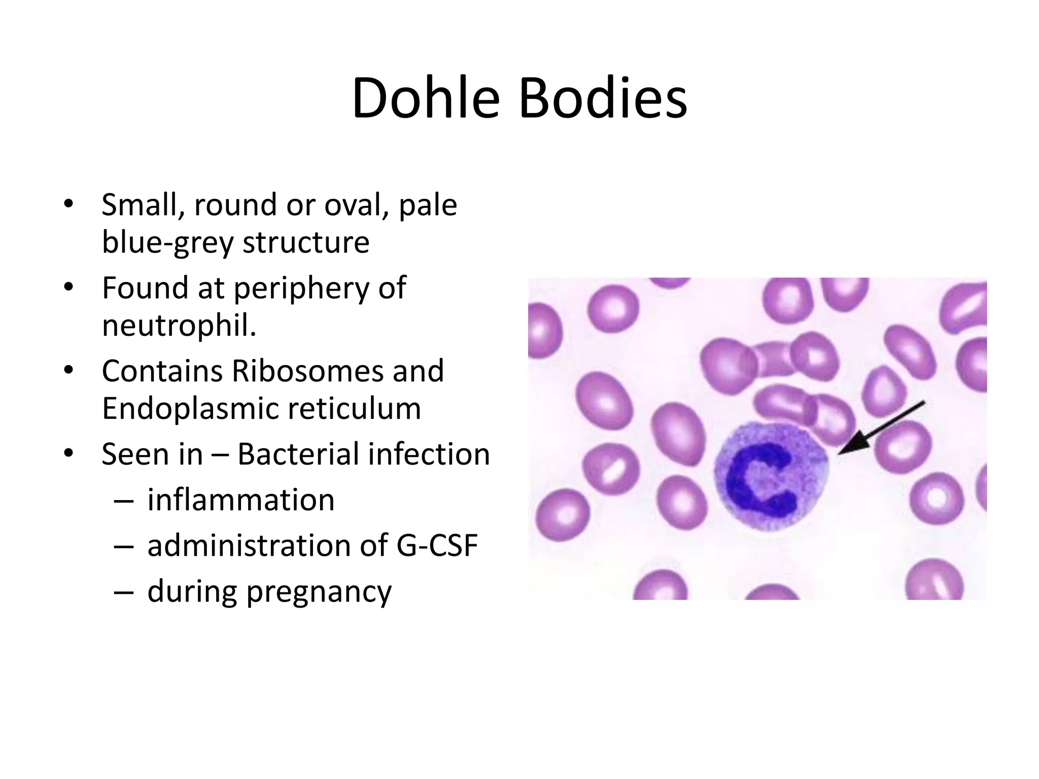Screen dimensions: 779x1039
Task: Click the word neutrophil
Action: [x=179, y=325]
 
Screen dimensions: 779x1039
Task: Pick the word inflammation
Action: [x=241, y=500]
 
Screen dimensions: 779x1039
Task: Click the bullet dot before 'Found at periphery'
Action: [x=69, y=288]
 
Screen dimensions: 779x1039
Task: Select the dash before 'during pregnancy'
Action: [x=124, y=592]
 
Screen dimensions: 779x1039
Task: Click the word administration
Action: [x=249, y=546]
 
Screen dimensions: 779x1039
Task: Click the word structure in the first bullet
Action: [x=306, y=242]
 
